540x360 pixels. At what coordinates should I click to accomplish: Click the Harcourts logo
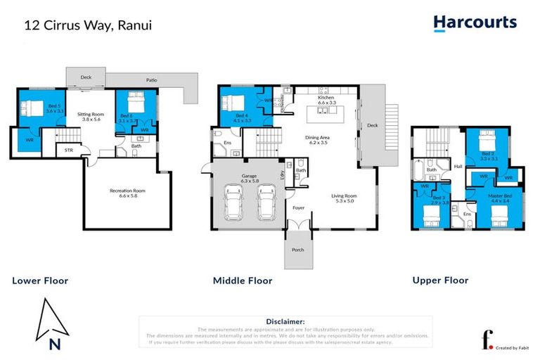(475, 22)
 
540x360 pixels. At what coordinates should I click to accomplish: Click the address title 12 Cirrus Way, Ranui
(88, 25)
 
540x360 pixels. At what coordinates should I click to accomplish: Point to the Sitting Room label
(90, 116)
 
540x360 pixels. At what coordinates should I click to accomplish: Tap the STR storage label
(69, 150)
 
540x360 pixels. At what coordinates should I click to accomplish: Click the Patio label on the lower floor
(151, 79)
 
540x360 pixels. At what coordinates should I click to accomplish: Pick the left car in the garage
(233, 204)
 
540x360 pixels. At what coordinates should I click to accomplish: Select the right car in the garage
(265, 204)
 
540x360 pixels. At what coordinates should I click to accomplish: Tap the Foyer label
(300, 208)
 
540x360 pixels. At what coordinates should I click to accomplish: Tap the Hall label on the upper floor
(458, 167)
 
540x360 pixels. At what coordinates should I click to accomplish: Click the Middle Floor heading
(243, 281)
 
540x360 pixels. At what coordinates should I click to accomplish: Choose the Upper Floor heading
(440, 281)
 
